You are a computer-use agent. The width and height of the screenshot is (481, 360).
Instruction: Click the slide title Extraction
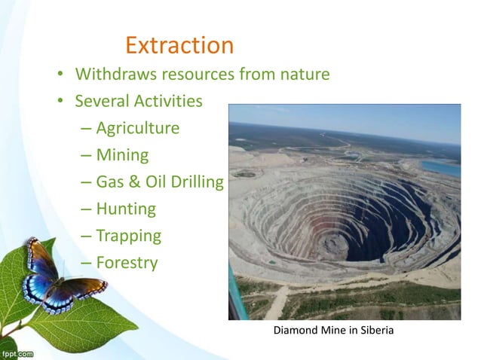point(179,45)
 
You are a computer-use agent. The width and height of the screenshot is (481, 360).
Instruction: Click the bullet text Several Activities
point(139,101)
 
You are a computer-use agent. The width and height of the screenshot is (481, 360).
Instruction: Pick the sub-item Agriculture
point(137,128)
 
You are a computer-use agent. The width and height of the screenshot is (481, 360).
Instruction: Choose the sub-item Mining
point(122,155)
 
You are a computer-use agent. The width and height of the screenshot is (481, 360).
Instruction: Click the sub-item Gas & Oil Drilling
point(159,182)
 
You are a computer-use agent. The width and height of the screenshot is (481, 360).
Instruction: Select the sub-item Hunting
point(126,209)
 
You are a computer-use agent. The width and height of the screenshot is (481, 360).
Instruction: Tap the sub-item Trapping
point(128,236)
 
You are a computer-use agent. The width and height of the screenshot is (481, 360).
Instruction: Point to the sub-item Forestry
point(127,263)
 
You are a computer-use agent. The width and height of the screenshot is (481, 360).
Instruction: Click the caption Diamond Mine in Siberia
point(332,332)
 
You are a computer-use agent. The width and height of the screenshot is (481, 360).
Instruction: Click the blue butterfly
point(57,279)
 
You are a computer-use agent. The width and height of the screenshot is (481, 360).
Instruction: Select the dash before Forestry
point(85,264)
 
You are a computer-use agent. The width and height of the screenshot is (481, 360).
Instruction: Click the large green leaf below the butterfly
point(83,324)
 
